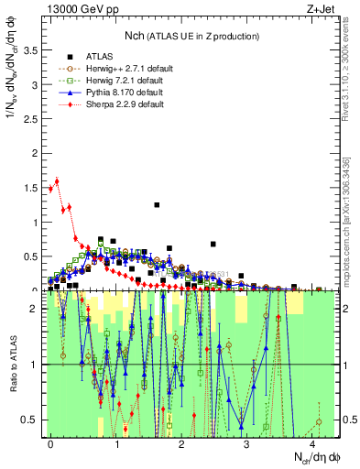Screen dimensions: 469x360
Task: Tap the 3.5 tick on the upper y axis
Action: click(30, 52)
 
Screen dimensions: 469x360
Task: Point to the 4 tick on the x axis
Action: click(312, 442)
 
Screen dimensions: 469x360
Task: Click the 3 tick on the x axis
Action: click(246, 442)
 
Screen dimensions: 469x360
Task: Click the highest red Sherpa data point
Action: click(57, 181)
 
